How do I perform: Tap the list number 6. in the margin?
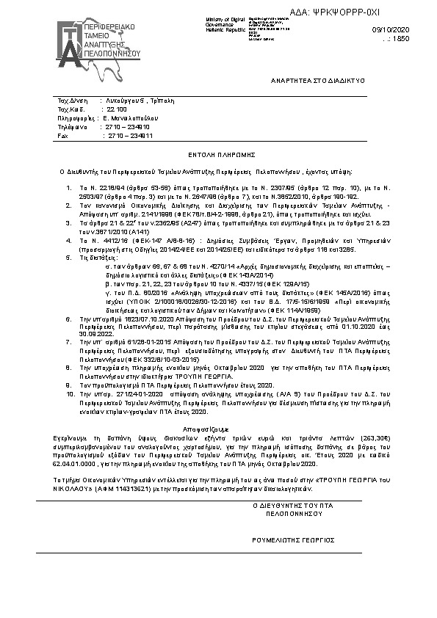coord(69,319)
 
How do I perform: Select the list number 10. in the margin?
coord(71,393)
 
